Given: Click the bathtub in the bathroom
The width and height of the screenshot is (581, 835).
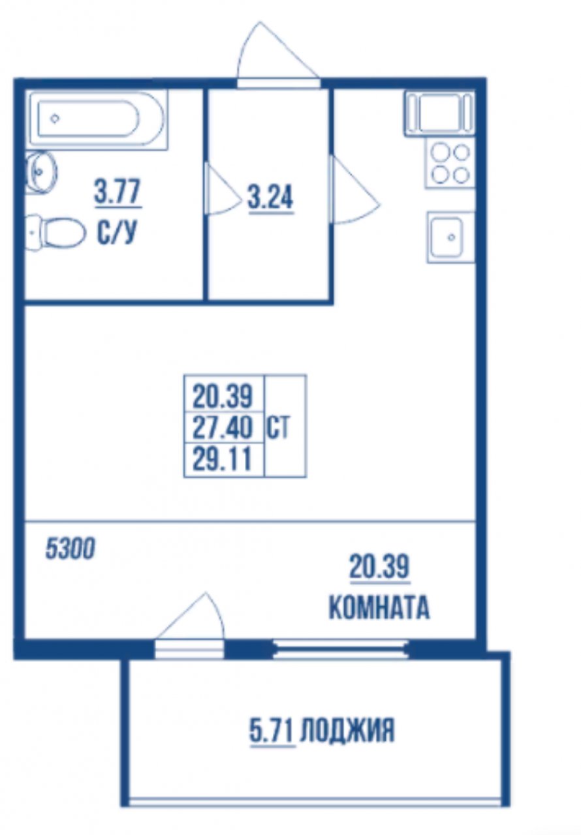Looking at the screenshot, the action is pos(99,119).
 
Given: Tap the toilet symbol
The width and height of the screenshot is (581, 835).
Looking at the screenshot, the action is pos(56,233).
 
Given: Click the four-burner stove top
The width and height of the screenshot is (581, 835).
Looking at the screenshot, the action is pos(450,164).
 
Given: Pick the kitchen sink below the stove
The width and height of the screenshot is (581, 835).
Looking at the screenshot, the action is pos(451,237).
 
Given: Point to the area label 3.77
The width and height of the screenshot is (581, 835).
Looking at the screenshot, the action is pos(118,192).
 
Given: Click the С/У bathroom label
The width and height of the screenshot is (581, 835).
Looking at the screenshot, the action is pos(116,232).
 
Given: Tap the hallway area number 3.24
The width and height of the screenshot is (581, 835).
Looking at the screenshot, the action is pos(271,199).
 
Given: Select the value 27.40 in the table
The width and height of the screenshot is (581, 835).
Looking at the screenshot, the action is pos(223,427).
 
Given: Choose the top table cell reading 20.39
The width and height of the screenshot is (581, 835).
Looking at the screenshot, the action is pos(223,397).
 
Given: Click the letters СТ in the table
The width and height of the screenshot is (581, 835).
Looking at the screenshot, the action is pos(278,429).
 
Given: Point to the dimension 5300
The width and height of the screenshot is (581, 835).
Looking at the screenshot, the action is pos(70,549).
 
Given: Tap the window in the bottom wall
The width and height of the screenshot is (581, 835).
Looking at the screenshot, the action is pos(341,650).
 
